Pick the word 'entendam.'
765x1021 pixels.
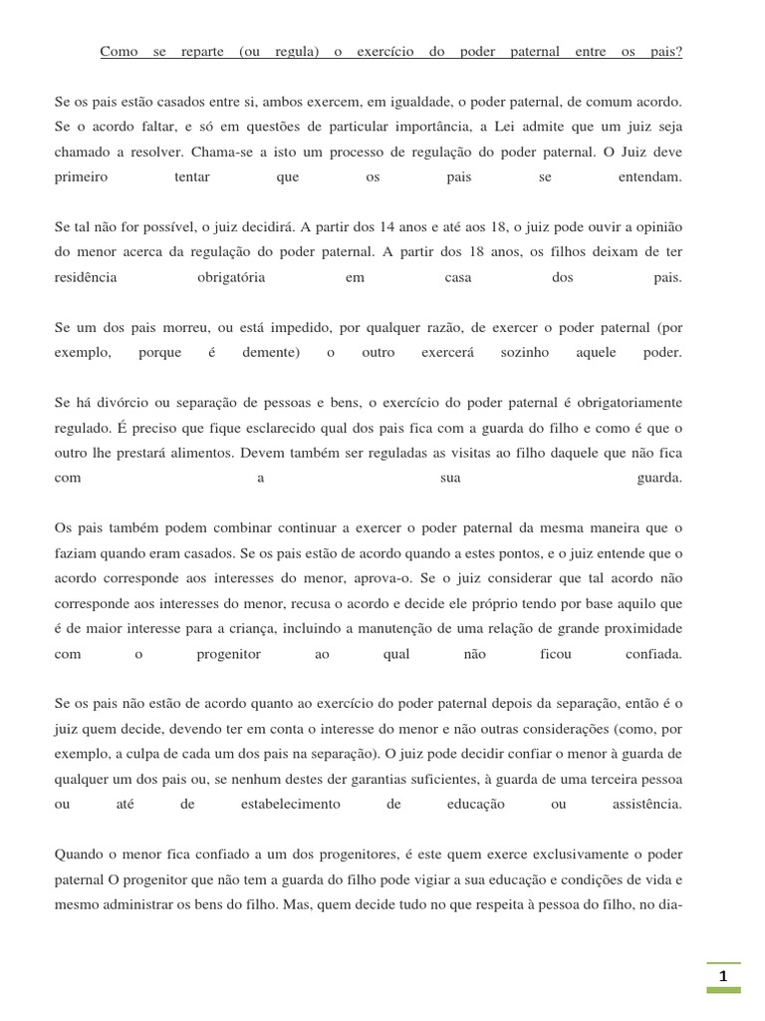646,176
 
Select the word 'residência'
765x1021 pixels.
86,278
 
